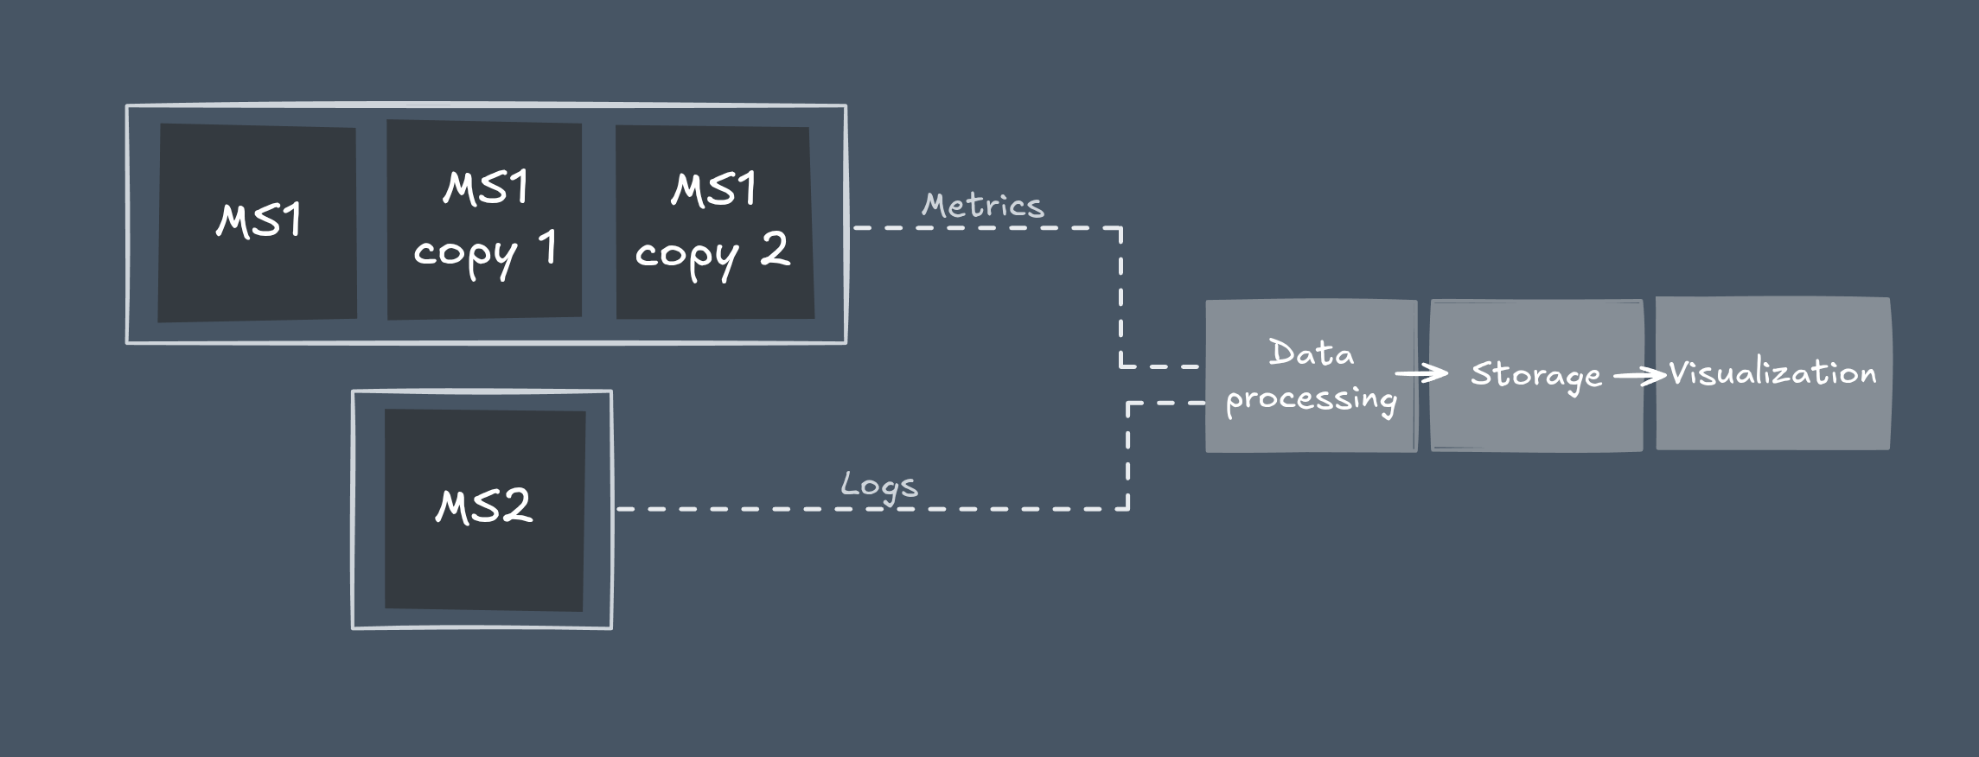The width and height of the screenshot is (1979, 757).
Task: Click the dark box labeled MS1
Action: tap(257, 223)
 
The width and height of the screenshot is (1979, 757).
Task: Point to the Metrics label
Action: tap(983, 206)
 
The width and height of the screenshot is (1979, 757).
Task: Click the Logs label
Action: tap(879, 486)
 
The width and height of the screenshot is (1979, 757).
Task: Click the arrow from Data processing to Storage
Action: tap(1421, 373)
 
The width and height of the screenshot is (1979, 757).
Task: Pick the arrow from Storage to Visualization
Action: tap(1639, 375)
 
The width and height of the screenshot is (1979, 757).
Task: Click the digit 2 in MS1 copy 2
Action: tap(775, 249)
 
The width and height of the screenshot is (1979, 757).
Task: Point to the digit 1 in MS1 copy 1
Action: tap(547, 247)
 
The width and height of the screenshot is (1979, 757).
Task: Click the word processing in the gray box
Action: tap(1311, 400)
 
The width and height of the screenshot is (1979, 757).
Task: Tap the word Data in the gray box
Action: tap(1311, 353)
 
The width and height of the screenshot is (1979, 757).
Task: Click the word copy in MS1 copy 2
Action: tap(686, 256)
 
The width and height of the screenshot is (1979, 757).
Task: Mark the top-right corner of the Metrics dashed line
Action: tap(1121, 228)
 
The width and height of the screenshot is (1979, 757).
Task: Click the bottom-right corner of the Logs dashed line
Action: tap(1128, 509)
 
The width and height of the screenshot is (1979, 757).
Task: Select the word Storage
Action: tap(1536, 375)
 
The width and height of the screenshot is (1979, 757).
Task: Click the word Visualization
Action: tap(1772, 373)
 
